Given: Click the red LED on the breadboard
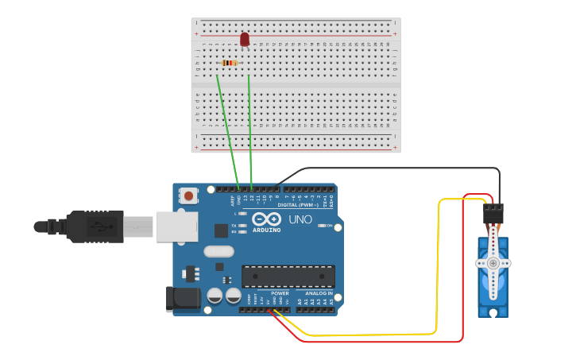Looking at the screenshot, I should coord(245,39).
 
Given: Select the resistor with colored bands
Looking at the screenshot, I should coord(230,63).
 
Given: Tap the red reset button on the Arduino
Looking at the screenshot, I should coord(189,195).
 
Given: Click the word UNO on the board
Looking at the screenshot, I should coord(300,219).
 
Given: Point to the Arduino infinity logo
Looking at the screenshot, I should coord(266,219).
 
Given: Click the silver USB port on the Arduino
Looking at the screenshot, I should coord(176,226).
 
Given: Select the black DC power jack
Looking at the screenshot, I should coord(182,298).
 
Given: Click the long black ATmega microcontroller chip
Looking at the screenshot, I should coord(288,276).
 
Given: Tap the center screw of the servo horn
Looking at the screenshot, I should coord(493,262).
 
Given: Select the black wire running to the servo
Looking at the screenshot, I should coord(397,168).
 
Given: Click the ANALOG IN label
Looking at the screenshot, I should coord(316,293).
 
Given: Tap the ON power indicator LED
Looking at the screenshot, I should coord(321,226).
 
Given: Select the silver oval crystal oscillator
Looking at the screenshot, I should coord(218,251).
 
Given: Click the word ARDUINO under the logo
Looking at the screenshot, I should coord(267,230).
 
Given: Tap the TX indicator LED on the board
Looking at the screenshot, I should coord(242,226).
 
